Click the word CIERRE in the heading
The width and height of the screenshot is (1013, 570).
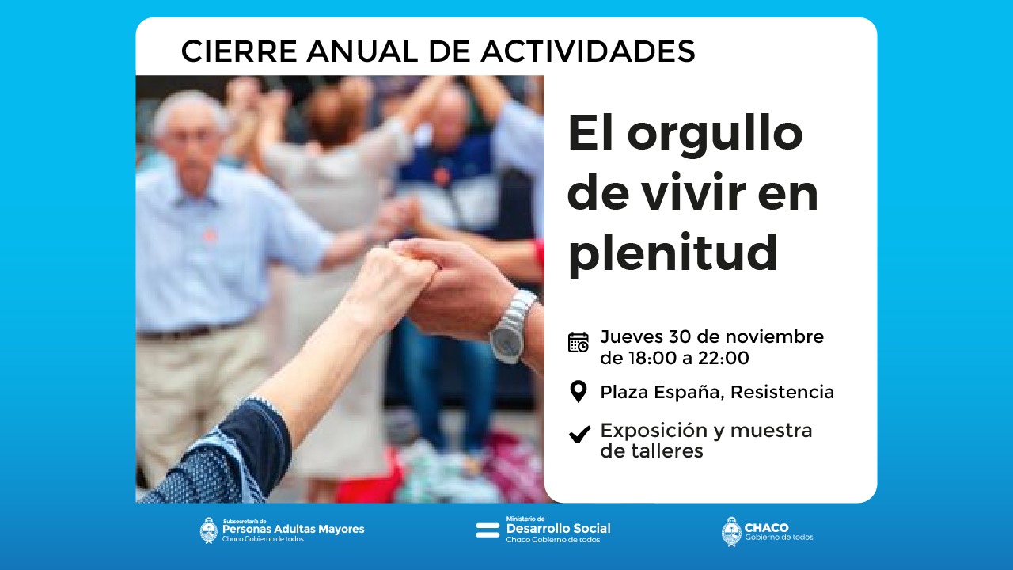tap(239, 51)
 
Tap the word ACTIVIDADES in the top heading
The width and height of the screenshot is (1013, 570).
tap(588, 51)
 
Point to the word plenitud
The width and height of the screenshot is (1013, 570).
tap(673, 254)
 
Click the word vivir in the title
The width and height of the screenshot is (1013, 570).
tap(694, 193)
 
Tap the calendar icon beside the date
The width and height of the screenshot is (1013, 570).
tap(579, 342)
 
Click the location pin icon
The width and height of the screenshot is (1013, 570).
tap(579, 391)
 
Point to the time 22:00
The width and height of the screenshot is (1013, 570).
tap(723, 358)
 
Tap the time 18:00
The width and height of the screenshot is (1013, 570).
tap(652, 358)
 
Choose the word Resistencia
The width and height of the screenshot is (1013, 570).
tap(782, 392)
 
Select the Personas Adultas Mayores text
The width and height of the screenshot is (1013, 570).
tap(293, 529)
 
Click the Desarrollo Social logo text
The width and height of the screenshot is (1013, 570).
tap(558, 528)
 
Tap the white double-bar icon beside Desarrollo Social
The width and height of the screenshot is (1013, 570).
tap(488, 530)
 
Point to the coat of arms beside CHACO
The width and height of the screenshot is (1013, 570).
tap(731, 531)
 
